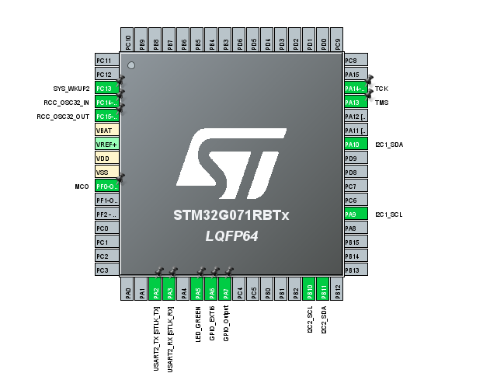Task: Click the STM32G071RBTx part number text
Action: click(231, 216)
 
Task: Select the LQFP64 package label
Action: click(231, 235)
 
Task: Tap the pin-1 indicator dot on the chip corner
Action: click(131, 65)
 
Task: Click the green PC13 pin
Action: click(106, 89)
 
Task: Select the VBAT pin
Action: click(106, 131)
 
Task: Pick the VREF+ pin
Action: click(106, 145)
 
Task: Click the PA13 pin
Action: click(355, 103)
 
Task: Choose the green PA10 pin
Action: click(355, 145)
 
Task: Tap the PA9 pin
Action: click(355, 214)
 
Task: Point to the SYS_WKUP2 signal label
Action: click(71, 89)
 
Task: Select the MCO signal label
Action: click(82, 187)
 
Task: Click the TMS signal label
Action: click(381, 103)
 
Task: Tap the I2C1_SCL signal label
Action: click(389, 214)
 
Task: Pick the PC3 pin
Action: click(106, 270)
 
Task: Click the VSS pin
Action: click(106, 173)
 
